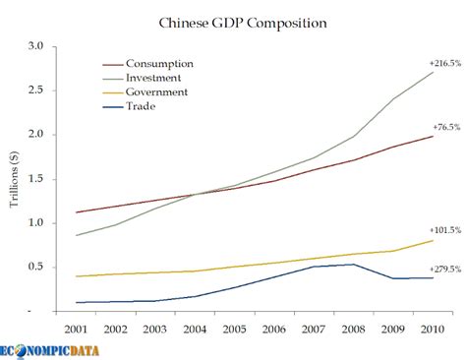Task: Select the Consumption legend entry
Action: pos(170,63)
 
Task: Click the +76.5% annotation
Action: pos(446,127)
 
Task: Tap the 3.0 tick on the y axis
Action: pos(37,46)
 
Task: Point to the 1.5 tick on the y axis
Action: pos(37,179)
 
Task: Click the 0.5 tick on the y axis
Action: pos(37,268)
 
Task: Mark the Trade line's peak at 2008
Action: pos(354,264)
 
